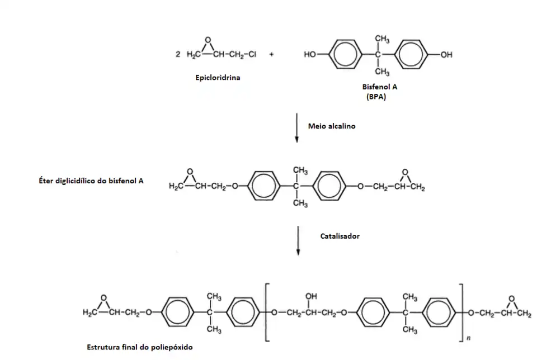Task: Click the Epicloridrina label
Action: (218, 78)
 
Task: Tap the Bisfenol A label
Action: (380, 88)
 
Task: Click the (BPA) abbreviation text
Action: (376, 97)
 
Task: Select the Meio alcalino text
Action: (332, 126)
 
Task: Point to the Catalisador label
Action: (340, 236)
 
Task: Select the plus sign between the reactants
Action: (272, 55)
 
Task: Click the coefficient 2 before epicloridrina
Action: (177, 55)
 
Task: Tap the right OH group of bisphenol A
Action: (446, 55)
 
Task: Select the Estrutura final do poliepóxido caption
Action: (140, 347)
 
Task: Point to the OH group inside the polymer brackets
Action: (310, 297)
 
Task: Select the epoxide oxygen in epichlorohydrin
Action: (208, 40)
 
